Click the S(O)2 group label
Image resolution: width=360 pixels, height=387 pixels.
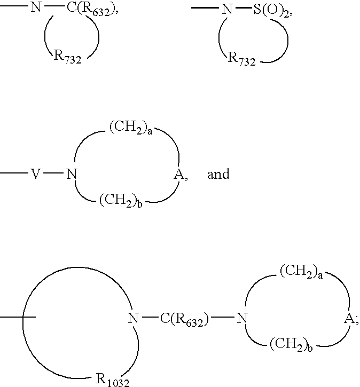tap(271, 11)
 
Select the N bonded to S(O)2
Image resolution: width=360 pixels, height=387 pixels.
tap(227, 10)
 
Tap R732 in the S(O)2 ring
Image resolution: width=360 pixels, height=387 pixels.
tap(241, 59)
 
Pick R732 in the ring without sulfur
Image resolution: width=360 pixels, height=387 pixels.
tap(67, 57)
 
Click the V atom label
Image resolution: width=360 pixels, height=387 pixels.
tap(36, 174)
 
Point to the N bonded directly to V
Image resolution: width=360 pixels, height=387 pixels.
tap(72, 174)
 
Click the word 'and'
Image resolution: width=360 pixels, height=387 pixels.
tap(218, 174)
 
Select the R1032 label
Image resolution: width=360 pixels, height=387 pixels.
tap(112, 380)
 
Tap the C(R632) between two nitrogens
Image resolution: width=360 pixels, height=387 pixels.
tap(184, 319)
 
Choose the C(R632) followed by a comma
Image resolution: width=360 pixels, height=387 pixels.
tap(91, 10)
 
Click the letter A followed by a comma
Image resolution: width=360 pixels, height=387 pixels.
tap(179, 175)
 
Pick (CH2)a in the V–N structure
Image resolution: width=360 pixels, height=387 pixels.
tap(131, 128)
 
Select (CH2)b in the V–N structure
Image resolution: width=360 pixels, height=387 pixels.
tap(121, 200)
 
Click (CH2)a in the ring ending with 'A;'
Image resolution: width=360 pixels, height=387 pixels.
tap(301, 272)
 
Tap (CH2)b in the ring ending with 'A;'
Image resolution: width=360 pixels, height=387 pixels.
tap(291, 344)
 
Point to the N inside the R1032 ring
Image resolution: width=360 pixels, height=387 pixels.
tap(134, 318)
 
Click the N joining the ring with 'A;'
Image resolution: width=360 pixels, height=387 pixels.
tap(242, 318)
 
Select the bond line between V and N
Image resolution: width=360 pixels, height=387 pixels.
tap(53, 173)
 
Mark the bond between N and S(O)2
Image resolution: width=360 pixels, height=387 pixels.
tap(243, 8)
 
